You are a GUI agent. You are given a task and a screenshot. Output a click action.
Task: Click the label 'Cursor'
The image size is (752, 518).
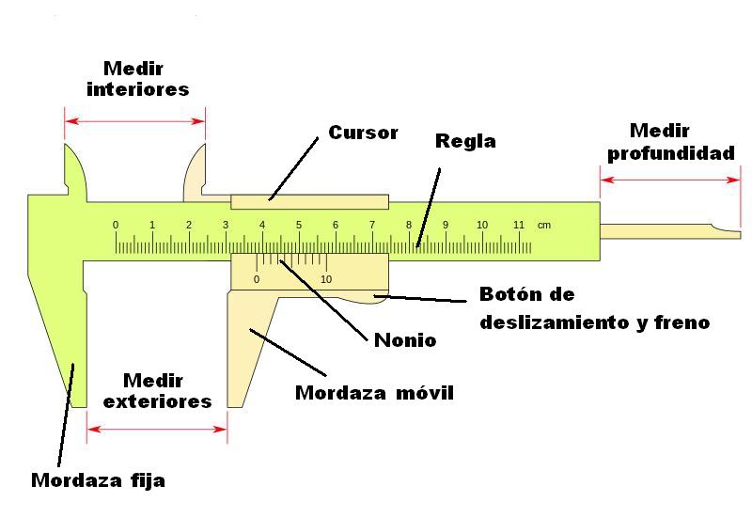(x=363, y=133)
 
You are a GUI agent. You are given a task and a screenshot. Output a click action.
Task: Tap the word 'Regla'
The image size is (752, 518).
(x=465, y=142)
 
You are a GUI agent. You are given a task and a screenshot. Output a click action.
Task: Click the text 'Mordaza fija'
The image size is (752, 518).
(x=98, y=480)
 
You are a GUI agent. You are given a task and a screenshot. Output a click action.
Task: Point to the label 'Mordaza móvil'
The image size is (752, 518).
(x=374, y=392)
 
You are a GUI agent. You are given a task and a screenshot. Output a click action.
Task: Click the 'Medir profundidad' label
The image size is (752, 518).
(x=670, y=142)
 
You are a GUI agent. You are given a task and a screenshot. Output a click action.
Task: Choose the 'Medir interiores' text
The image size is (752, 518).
(x=137, y=79)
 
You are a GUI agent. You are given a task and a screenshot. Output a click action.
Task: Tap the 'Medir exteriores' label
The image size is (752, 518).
(x=157, y=390)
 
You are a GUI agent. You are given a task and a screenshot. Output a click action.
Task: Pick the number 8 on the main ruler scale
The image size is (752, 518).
(x=409, y=226)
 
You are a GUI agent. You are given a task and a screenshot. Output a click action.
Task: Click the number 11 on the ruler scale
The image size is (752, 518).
(x=518, y=226)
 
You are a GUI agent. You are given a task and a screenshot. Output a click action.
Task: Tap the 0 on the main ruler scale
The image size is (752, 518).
(x=116, y=226)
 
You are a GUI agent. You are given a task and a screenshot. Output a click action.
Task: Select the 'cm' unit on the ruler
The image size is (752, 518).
(x=544, y=226)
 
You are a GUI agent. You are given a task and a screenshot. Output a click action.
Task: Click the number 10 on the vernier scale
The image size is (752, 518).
(x=326, y=279)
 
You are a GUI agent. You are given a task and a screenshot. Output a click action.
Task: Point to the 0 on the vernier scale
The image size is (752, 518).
(x=257, y=279)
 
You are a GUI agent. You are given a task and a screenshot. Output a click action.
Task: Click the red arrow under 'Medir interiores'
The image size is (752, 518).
(x=134, y=120)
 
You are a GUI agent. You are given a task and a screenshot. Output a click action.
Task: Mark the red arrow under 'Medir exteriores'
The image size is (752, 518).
(x=157, y=430)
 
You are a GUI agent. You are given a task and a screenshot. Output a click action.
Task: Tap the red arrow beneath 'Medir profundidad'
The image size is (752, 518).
(x=669, y=180)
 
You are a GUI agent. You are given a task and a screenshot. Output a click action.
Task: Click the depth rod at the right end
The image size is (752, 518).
(x=667, y=229)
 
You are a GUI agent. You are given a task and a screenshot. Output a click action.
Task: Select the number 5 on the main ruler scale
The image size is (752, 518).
(x=299, y=226)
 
